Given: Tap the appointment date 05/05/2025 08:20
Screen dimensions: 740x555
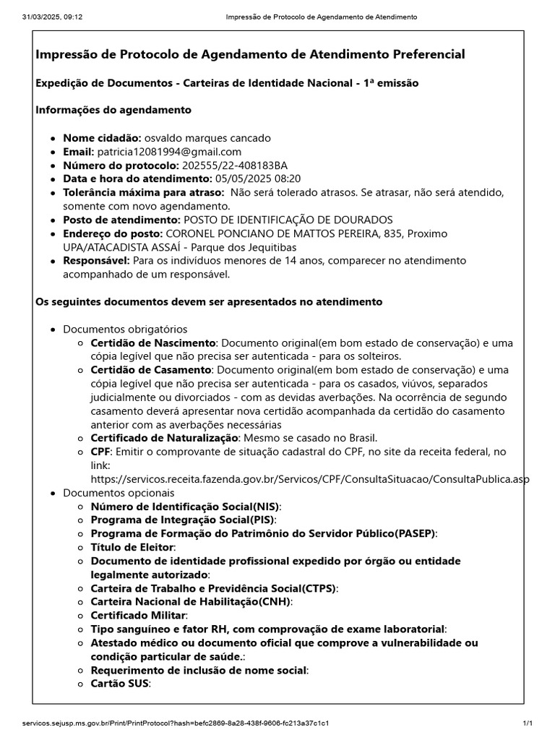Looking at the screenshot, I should click(x=257, y=179).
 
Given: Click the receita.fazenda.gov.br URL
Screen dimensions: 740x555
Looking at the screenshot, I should click(x=310, y=479).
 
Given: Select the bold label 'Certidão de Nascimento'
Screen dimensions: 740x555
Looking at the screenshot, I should click(x=153, y=343).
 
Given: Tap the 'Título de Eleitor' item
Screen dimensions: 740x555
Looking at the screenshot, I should click(x=133, y=548).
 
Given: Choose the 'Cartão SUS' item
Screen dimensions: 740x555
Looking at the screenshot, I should click(x=120, y=684).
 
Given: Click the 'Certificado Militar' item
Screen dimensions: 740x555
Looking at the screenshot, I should click(x=138, y=616).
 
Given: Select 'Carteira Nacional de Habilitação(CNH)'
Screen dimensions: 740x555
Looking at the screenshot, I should click(x=191, y=602).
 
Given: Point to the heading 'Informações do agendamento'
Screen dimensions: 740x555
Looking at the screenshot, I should click(x=113, y=111).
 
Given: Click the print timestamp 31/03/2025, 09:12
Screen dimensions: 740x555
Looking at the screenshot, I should click(x=53, y=17).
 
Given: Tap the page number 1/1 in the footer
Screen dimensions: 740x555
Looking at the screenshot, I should click(x=528, y=723).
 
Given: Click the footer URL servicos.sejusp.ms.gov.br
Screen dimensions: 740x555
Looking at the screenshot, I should click(x=177, y=723).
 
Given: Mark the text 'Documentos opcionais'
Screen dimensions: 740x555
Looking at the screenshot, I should click(x=114, y=493).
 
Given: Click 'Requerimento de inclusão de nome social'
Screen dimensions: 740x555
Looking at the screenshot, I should click(x=199, y=670).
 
